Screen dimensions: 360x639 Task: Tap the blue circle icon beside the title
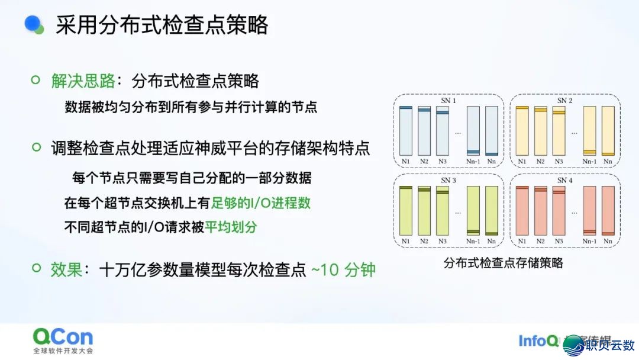[x=34, y=24]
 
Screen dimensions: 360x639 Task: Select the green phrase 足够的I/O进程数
[x=261, y=202]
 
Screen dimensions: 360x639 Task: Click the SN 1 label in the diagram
[x=448, y=101]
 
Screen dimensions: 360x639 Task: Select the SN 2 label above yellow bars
[x=565, y=101]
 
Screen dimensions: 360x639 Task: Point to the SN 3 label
[x=448, y=180]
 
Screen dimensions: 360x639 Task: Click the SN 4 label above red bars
[x=565, y=180]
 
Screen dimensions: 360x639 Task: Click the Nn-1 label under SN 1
[x=473, y=161]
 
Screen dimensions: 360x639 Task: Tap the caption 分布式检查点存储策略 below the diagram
[x=504, y=263]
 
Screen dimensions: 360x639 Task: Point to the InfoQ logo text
[x=537, y=341]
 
